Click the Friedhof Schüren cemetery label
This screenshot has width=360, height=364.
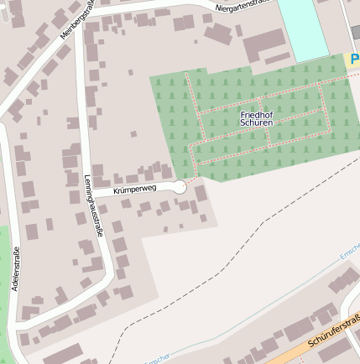256,118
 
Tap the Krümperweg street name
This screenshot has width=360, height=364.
135,190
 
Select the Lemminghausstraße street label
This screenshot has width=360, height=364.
93,206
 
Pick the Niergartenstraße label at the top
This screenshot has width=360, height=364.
243,7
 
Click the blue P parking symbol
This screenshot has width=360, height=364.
354,60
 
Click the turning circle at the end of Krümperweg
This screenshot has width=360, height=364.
179,187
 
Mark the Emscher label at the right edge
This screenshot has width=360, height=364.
349,253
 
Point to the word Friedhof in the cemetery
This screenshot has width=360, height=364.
256,114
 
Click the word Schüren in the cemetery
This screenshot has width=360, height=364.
256,123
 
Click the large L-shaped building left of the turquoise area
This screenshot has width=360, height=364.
262,44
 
